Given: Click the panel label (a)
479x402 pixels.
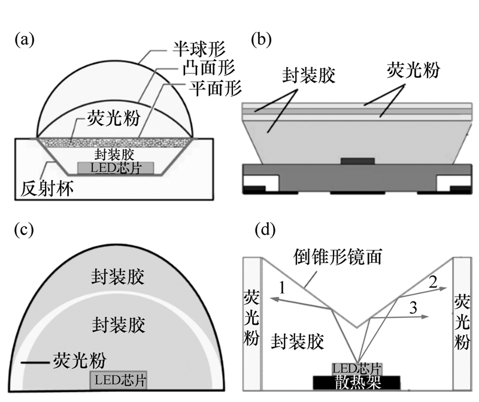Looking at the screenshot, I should [25, 40].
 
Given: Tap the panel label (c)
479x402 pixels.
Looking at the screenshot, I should [25, 230].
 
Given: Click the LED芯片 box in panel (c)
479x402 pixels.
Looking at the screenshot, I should [119, 379].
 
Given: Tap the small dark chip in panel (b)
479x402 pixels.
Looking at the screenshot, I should [357, 161].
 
